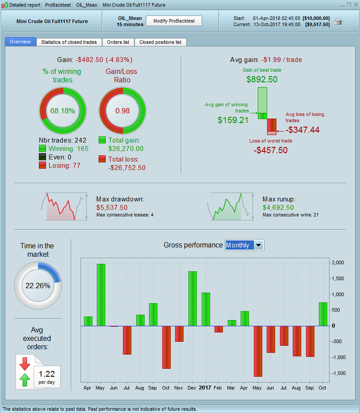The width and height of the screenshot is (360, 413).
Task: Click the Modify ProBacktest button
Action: [x=174, y=21]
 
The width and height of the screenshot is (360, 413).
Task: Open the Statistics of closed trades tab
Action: [x=69, y=42]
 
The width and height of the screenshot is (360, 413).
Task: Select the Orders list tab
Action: [x=118, y=42]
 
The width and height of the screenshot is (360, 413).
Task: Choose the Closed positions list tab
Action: [x=160, y=42]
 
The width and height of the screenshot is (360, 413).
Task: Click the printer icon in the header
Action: [x=338, y=21]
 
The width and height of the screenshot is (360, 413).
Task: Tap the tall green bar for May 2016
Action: [x=101, y=295]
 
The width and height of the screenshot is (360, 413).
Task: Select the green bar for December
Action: [x=192, y=298]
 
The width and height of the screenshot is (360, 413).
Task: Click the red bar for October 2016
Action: [x=166, y=347]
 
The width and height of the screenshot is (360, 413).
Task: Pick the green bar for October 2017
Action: [x=323, y=314]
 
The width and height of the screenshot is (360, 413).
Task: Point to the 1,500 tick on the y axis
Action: [x=338, y=278]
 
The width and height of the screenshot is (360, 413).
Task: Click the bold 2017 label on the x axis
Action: [x=205, y=388]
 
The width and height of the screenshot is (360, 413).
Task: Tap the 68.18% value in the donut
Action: [x=63, y=111]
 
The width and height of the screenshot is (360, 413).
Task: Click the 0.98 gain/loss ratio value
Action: [x=123, y=111]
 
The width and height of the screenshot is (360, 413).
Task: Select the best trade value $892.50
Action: [x=262, y=79]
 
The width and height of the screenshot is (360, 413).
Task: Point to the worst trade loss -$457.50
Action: [x=271, y=150]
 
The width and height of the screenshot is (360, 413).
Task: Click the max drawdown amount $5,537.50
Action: [x=112, y=207]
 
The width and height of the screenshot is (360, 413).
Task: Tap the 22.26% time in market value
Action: [x=38, y=286]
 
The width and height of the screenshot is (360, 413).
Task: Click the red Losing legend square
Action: [x=42, y=165]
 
